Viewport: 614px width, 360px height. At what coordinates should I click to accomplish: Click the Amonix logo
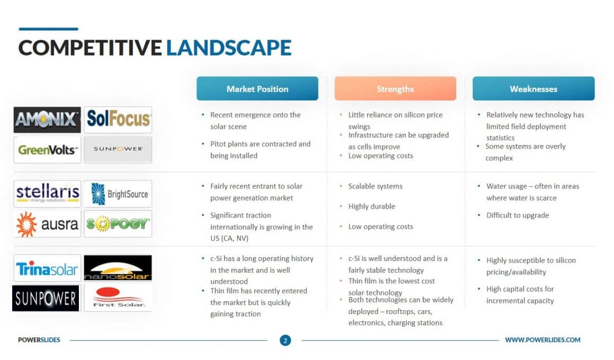(47, 120)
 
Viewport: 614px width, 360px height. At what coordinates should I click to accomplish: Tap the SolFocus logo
(118, 120)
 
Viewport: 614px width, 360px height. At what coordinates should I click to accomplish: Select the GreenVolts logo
(47, 150)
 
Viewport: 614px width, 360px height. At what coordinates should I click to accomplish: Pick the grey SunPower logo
(118, 150)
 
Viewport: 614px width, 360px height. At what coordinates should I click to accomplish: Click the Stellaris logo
(47, 194)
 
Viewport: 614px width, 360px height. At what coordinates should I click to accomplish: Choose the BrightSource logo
(118, 194)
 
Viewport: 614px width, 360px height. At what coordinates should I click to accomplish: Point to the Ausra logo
(47, 224)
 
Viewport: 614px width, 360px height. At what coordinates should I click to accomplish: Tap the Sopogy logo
(118, 224)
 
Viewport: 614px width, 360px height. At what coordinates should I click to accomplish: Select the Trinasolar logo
(47, 268)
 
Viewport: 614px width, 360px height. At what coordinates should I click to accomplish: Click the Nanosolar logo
(118, 268)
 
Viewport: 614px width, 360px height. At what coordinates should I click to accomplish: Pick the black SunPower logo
(46, 298)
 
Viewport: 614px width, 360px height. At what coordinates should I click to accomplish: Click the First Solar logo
(118, 298)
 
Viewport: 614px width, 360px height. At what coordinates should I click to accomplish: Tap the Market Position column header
(257, 88)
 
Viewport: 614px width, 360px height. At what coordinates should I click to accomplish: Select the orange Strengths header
(395, 88)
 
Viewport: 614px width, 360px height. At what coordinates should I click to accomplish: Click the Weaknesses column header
(534, 88)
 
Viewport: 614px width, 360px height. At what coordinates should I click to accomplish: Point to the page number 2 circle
(285, 340)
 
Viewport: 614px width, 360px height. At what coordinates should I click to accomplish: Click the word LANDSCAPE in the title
(229, 48)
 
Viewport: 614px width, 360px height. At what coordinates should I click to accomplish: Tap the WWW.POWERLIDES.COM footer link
(543, 340)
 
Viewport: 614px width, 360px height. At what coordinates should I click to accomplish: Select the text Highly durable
(372, 206)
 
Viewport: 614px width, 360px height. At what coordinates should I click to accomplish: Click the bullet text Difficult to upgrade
(517, 215)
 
